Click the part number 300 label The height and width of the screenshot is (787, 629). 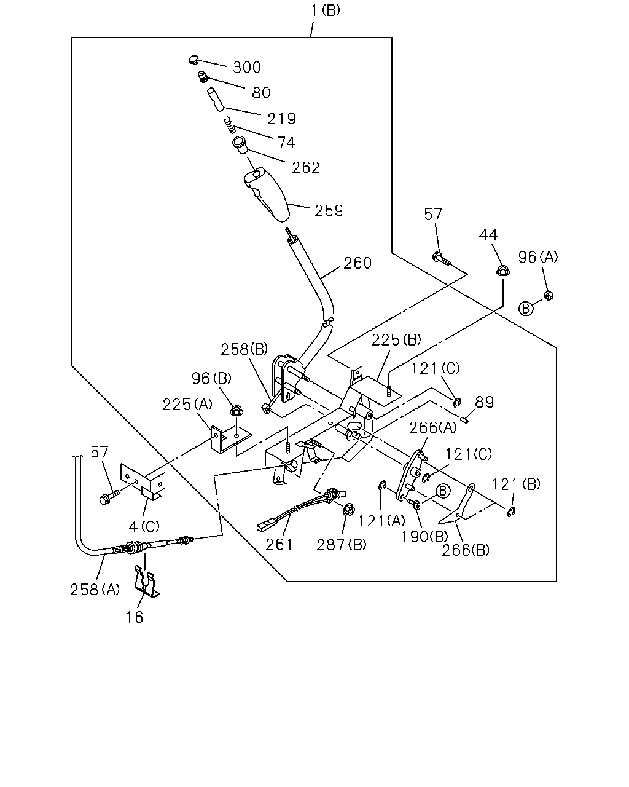[247, 67]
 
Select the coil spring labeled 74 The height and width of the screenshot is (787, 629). [230, 125]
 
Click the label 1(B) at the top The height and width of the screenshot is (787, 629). [325, 10]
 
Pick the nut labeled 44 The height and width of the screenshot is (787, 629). [503, 271]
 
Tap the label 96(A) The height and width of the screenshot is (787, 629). [538, 258]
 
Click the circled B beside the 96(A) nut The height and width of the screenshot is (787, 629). [526, 308]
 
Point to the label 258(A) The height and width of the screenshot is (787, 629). [95, 590]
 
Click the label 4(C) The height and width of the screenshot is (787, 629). [144, 527]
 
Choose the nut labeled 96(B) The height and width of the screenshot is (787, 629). [236, 411]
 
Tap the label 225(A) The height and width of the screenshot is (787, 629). [187, 405]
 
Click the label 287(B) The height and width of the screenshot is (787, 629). [342, 545]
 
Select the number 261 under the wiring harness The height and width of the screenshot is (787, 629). [279, 545]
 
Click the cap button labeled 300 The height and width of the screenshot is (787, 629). [193, 60]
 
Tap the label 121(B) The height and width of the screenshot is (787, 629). [516, 484]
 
